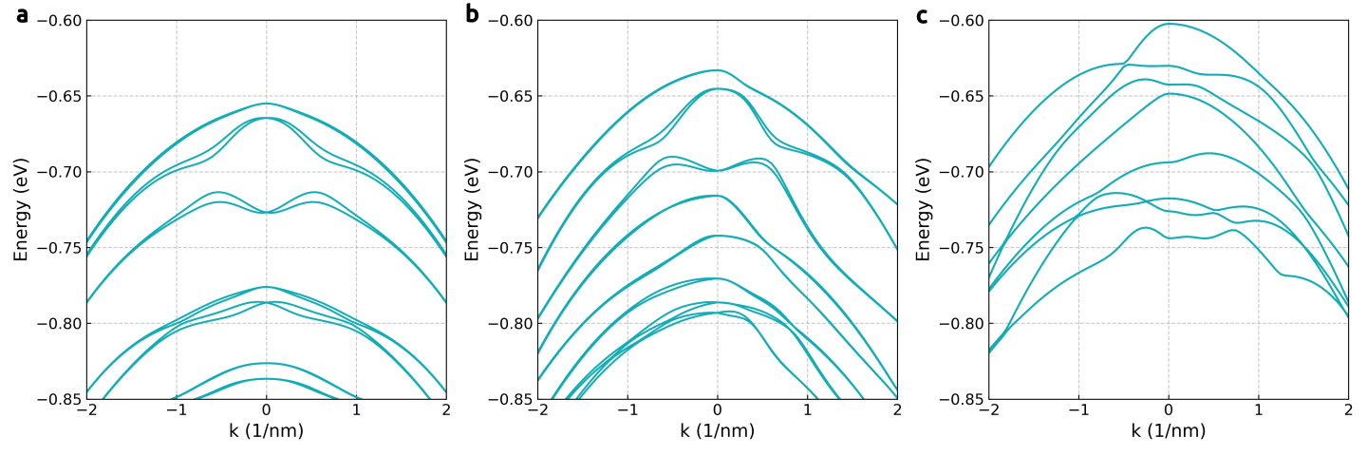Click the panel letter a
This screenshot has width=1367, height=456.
pyautogui.click(x=23, y=15)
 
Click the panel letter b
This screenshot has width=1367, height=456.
pyautogui.click(x=472, y=13)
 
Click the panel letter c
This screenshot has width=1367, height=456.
pyautogui.click(x=922, y=15)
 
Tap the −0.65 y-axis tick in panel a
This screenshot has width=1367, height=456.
pyautogui.click(x=59, y=97)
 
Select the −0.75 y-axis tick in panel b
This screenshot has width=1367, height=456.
pyautogui.click(x=510, y=248)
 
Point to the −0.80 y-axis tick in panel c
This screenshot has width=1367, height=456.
pyautogui.click(x=961, y=324)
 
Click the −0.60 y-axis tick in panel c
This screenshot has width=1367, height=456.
pyautogui.click(x=961, y=21)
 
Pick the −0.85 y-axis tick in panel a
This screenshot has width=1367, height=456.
pyautogui.click(x=59, y=399)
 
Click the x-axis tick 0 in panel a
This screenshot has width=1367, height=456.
pyautogui.click(x=267, y=409)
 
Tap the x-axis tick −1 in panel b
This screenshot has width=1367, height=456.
pyautogui.click(x=627, y=409)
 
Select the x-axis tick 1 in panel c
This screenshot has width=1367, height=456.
pyautogui.click(x=1259, y=409)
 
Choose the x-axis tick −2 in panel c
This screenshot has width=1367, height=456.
pyautogui.click(x=988, y=409)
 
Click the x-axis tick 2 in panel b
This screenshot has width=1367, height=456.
pyautogui.click(x=897, y=409)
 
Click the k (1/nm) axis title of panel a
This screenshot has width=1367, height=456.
pyautogui.click(x=266, y=431)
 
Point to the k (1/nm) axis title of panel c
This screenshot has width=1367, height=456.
pyautogui.click(x=1168, y=431)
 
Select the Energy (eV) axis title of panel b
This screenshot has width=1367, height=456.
pyautogui.click(x=472, y=210)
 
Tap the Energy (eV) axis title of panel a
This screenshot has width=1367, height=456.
pyautogui.click(x=21, y=210)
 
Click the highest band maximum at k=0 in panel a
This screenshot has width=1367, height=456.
pyautogui.click(x=267, y=104)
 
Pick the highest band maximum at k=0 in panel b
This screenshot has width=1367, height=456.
pyautogui.click(x=718, y=70)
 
